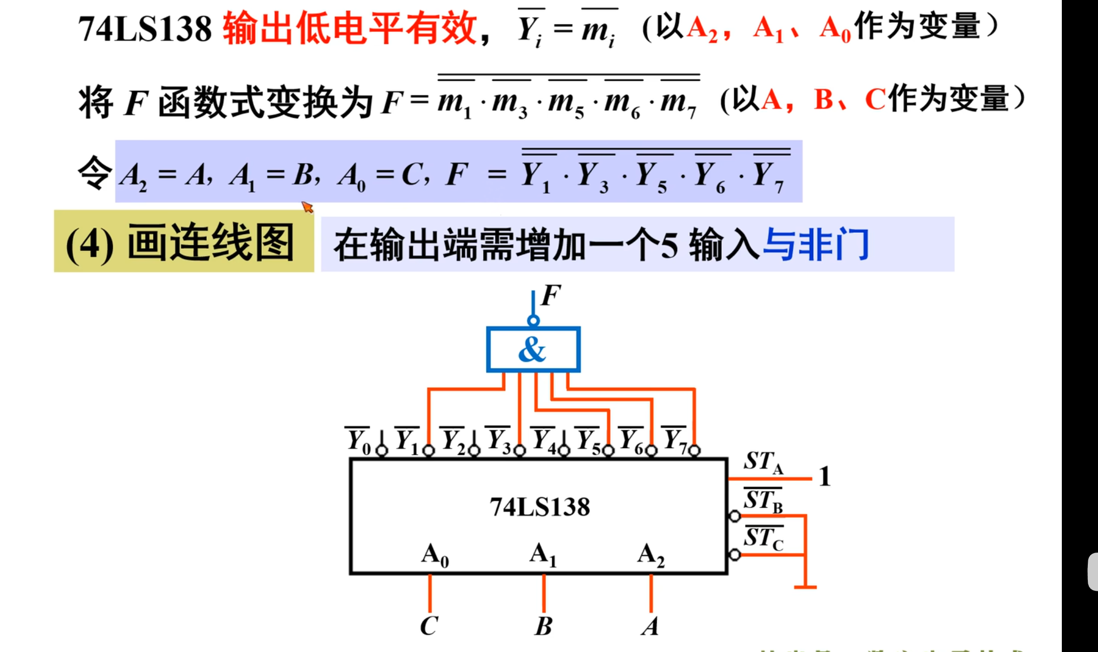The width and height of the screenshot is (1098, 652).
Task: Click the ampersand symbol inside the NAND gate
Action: [532, 350]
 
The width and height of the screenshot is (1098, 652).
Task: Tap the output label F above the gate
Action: [551, 296]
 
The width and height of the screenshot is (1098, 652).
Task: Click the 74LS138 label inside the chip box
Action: [540, 507]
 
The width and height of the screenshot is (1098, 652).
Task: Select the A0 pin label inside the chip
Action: [435, 555]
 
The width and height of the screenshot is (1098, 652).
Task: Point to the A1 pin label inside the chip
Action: [543, 555]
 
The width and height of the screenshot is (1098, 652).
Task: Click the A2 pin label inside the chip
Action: [651, 555]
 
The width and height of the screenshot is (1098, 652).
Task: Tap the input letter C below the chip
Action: [429, 626]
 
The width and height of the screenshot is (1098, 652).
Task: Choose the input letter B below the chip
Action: [543, 626]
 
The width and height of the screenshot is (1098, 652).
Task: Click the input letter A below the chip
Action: [650, 626]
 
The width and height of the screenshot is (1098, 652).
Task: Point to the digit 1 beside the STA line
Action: [825, 477]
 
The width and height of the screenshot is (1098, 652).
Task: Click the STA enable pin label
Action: [763, 462]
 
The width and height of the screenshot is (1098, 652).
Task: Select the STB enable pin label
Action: [763, 501]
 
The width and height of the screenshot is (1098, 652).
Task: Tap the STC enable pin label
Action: [763, 538]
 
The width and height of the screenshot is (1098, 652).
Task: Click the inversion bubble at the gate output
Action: [533, 321]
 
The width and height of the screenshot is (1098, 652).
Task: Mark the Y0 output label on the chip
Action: [358, 440]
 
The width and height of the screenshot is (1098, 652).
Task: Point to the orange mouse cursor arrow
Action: [307, 207]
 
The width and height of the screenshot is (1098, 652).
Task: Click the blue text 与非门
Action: [816, 245]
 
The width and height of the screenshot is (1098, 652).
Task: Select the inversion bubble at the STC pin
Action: [735, 555]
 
